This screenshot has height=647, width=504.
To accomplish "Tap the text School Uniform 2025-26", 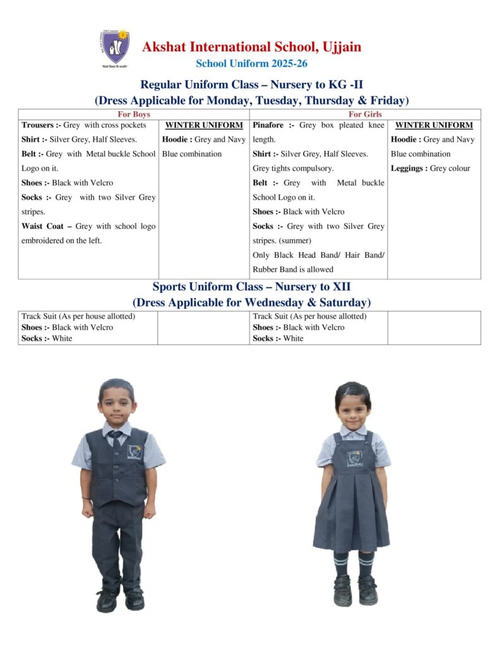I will tap(251, 63).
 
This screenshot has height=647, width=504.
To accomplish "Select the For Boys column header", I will tap(134, 114).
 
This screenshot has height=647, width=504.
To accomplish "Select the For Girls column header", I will tap(364, 114).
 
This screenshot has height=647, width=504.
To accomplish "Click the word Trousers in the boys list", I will tap(37, 125).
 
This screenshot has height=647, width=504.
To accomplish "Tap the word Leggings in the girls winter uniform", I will tap(407, 169).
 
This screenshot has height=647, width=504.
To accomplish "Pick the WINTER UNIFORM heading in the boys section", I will tap(204, 125).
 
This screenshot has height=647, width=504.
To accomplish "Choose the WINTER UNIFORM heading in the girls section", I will tap(434, 125).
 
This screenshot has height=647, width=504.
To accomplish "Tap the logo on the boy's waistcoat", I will tap(135, 451).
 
